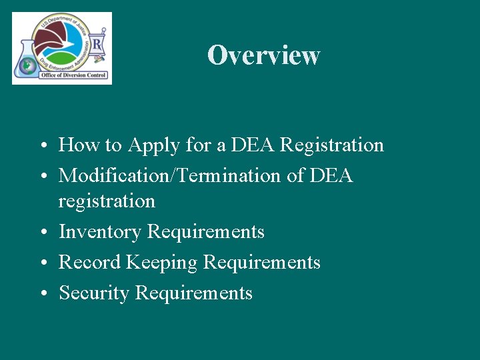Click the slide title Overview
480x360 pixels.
pos(263,55)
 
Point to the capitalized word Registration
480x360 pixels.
pos(332,145)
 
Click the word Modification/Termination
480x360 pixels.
pos(167,175)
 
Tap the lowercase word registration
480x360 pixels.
pos(107,201)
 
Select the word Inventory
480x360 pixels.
pos(100,232)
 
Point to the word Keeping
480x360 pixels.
pos(160,263)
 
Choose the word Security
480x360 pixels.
pos(94,293)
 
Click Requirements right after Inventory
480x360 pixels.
pos(205,232)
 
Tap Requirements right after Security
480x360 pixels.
pos(194,293)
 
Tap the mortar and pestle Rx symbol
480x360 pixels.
pos(97,47)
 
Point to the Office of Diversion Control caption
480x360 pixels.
pos(73,75)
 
